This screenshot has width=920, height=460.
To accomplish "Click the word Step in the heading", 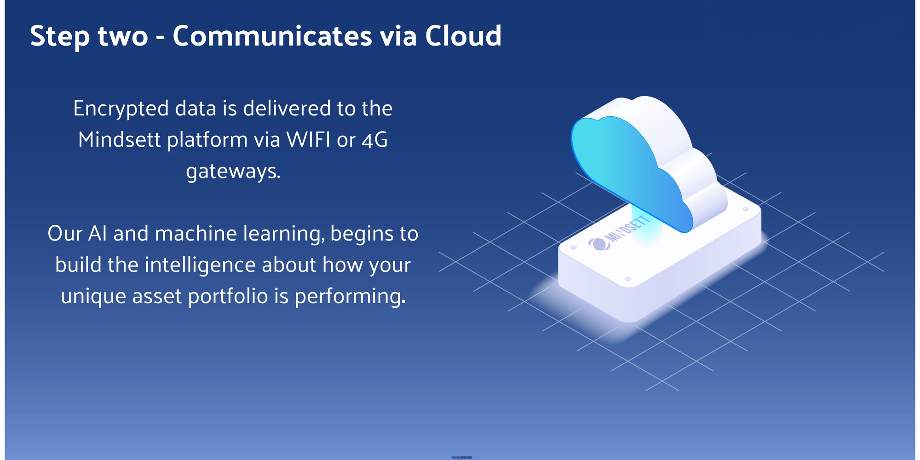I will [x=60, y=37].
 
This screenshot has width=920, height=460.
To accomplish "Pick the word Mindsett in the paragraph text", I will [x=120, y=139].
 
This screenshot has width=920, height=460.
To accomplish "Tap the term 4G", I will [x=375, y=140].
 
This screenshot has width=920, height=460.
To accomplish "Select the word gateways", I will [x=233, y=172].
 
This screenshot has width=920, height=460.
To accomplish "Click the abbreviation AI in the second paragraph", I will [x=98, y=234].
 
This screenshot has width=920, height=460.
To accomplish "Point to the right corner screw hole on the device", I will [x=746, y=209].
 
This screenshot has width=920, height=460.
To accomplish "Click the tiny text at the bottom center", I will [x=462, y=457].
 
